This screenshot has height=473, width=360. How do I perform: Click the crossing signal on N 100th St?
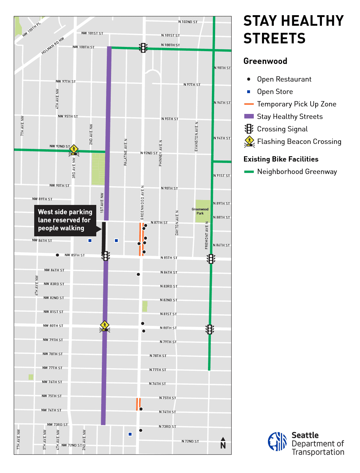tap(143, 48)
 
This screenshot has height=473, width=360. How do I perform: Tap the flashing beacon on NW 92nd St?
tap(73, 150)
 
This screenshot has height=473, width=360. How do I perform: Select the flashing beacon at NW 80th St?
tap(104, 326)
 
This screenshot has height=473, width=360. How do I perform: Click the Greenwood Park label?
tap(200, 211)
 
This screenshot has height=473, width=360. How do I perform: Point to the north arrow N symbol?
tap(223, 443)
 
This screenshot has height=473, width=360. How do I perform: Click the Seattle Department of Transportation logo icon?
tap(277, 442)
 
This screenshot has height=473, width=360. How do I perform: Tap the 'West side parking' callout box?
tap(65, 220)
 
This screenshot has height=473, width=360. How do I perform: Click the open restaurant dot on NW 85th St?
tap(57, 255)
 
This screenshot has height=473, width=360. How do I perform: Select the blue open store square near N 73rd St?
tap(130, 434)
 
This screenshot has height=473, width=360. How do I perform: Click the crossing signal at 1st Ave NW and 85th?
tap(105, 256)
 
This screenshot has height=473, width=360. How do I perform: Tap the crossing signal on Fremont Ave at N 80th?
tap(210, 329)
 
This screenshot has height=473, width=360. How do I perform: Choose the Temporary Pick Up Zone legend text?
tap(297, 104)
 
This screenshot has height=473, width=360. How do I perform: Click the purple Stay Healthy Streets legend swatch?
tap(249, 116)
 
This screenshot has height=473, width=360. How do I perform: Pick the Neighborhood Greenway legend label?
tap(297, 172)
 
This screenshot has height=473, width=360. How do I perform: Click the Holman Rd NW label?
tap(53, 46)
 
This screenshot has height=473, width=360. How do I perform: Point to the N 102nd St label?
tap(188, 22)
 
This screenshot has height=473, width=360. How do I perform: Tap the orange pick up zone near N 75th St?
tap(139, 404)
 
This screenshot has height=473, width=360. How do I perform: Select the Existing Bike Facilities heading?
tap(281, 159)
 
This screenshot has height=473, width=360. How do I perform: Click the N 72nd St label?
tap(190, 441)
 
